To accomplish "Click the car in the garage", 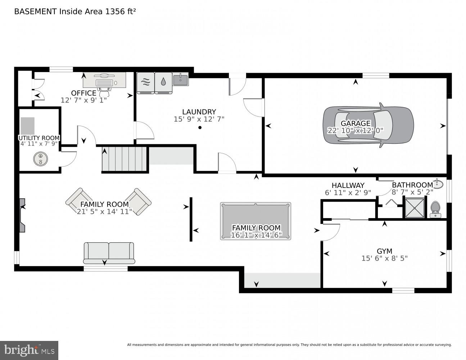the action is click(x=368, y=125).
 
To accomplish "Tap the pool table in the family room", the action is click(x=255, y=221).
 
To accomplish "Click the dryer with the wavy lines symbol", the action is click(x=146, y=83).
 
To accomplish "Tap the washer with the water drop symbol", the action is click(x=163, y=83).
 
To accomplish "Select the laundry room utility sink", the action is click(x=181, y=79).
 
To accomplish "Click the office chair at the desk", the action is click(x=105, y=92).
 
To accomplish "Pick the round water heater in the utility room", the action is click(x=40, y=159).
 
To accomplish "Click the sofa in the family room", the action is click(x=109, y=253).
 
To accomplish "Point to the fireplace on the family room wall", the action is click(x=22, y=215).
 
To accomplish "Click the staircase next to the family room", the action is click(x=124, y=159).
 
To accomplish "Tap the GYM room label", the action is click(x=385, y=251).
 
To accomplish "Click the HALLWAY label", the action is click(x=348, y=185).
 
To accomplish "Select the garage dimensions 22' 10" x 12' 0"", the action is click(x=355, y=130).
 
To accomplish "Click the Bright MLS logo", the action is click(x=29, y=350).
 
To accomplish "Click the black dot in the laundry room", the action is click(x=200, y=127).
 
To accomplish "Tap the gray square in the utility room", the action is click(x=27, y=126).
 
